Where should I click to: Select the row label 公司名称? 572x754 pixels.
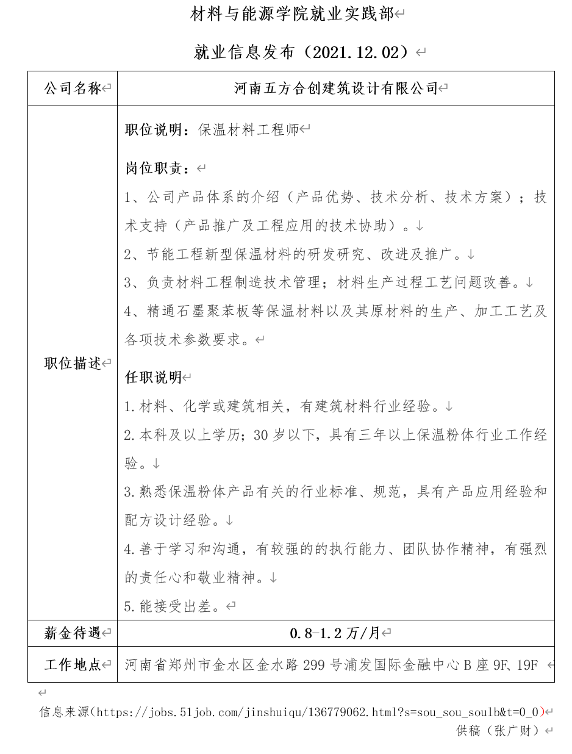tap(72, 88)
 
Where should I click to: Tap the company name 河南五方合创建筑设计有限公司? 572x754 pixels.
tap(336, 88)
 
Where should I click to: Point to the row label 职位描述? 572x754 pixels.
tap(72, 363)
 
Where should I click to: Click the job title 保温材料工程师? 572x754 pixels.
tap(249, 129)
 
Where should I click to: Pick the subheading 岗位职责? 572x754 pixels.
tap(157, 168)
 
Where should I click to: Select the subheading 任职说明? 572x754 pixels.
tap(154, 378)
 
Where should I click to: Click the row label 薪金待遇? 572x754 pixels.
tap(72, 633)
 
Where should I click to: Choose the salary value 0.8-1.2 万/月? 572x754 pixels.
tap(335, 633)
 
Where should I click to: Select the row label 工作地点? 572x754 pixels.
tap(72, 664)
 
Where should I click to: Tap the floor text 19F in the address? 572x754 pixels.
tap(526, 664)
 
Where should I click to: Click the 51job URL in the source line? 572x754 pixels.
tap(317, 711)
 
